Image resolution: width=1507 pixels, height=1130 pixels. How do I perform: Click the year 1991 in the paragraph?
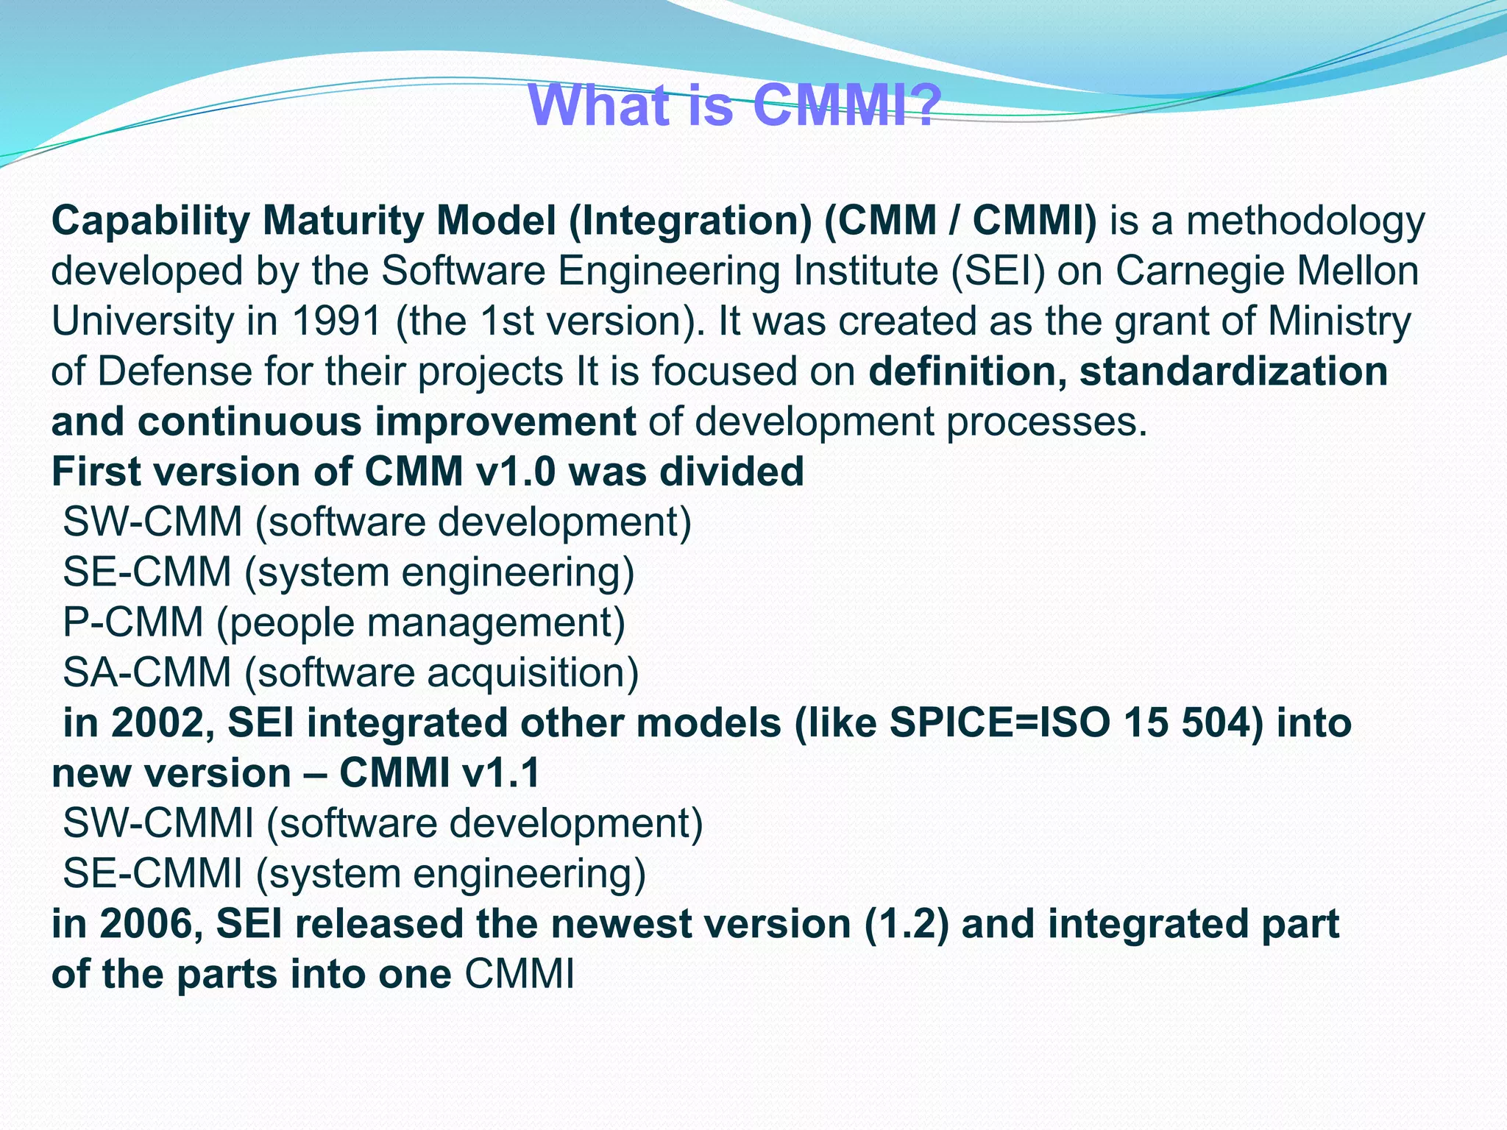point(336,321)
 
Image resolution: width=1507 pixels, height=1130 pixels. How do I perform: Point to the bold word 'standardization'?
point(1233,372)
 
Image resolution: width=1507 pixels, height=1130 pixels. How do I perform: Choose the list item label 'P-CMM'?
point(133,622)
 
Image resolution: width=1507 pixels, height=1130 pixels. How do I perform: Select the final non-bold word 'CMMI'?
point(519,974)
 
